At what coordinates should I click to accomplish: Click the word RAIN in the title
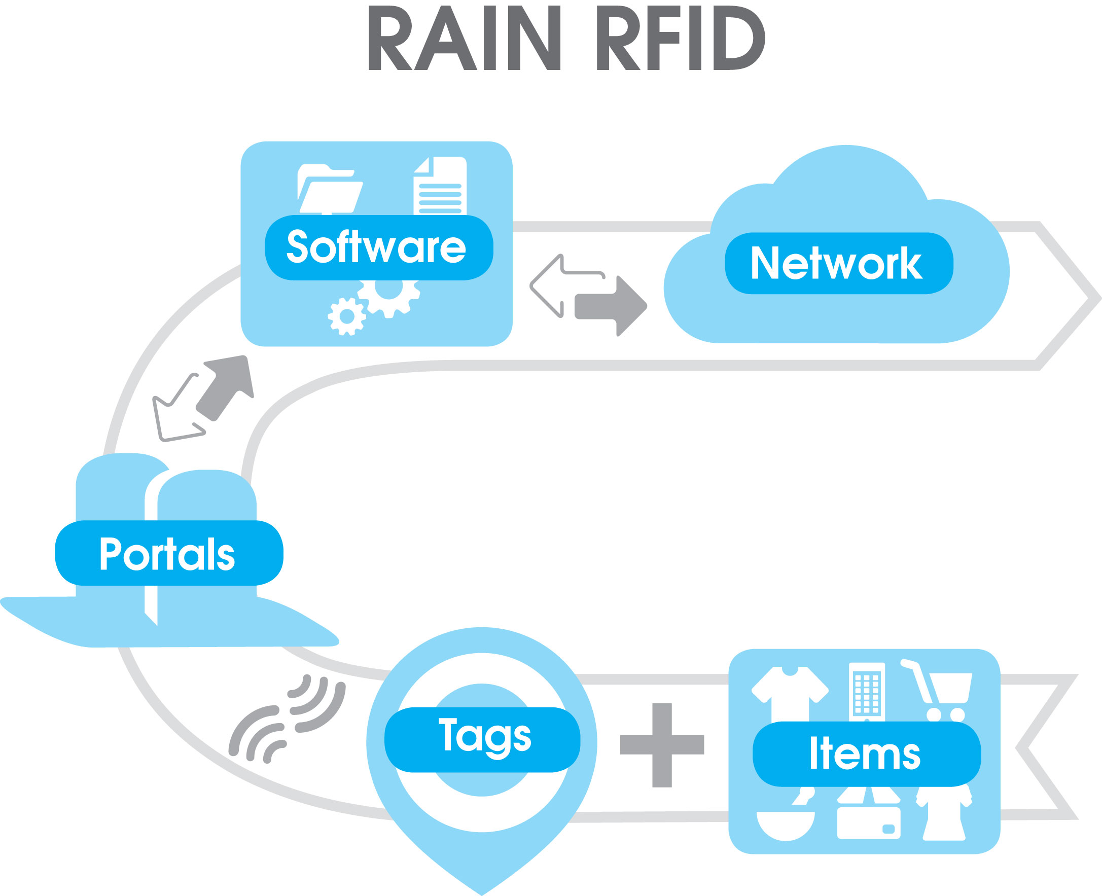(x=465, y=38)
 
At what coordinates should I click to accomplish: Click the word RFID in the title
(x=681, y=38)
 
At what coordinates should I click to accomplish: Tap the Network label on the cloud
(x=839, y=263)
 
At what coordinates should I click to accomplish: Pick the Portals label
(x=169, y=553)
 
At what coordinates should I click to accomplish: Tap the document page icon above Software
(x=440, y=186)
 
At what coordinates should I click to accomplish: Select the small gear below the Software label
(x=347, y=316)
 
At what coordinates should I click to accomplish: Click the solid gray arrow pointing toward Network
(x=611, y=306)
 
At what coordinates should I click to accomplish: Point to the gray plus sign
(x=662, y=745)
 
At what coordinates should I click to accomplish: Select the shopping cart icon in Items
(x=938, y=691)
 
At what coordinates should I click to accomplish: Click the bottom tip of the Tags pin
(x=482, y=895)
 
